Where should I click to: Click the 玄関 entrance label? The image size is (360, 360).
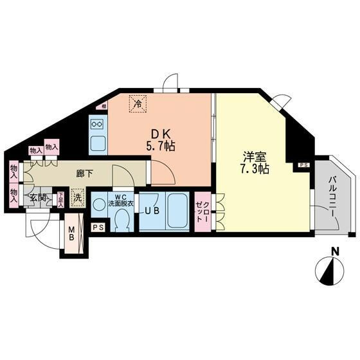[x=36, y=198]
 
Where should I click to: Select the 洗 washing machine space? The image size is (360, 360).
[x=77, y=199]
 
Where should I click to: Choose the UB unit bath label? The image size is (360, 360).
[x=152, y=211]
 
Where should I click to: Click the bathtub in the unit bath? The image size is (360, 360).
[x=177, y=211]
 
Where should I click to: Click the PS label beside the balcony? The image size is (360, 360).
[x=303, y=165]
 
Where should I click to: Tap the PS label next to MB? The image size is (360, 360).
[x=98, y=228]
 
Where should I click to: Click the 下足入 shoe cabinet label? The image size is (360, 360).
[x=60, y=198]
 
